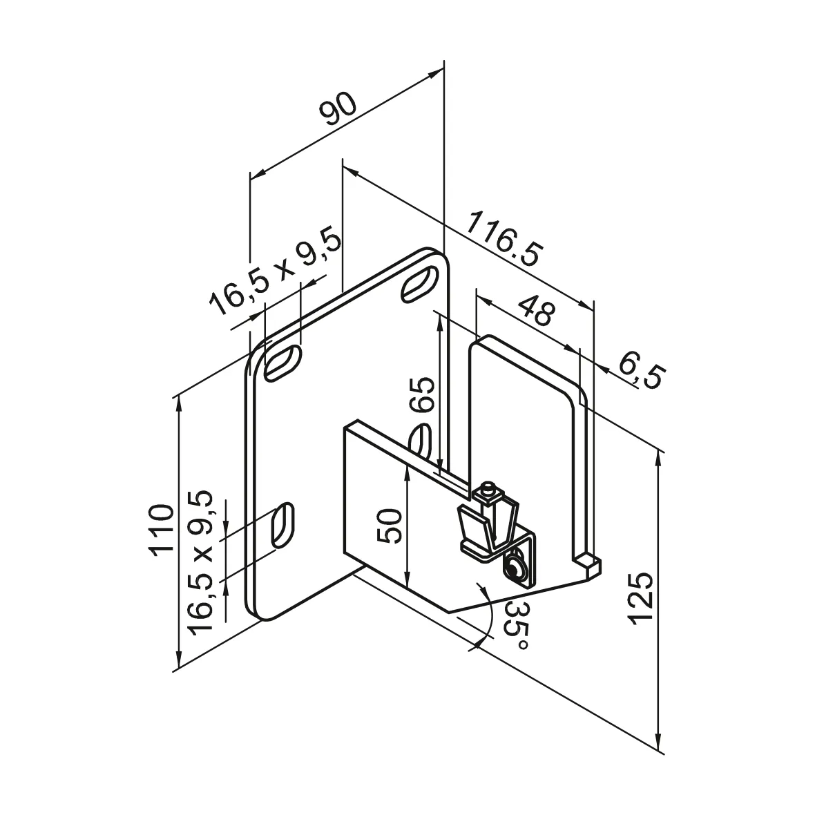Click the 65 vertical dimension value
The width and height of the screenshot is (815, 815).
(x=423, y=396)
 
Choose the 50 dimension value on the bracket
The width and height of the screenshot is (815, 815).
(x=389, y=526)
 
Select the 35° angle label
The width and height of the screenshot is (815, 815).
(x=518, y=625)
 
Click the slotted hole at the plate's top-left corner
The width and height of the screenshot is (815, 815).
(x=282, y=363)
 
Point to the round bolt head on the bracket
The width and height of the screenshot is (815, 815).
(x=514, y=569)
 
